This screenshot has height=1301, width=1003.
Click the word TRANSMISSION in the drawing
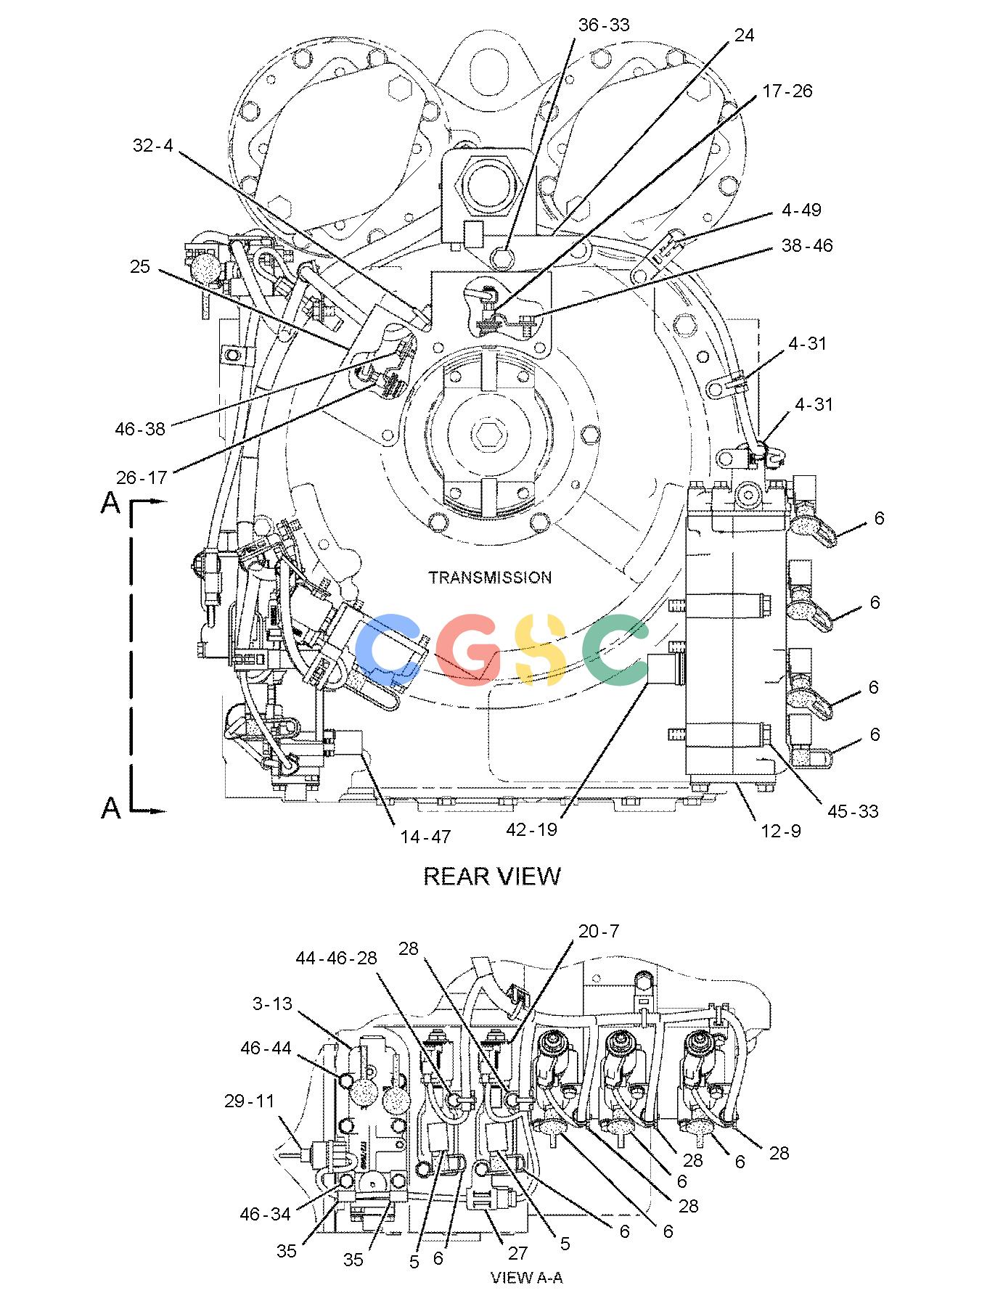click(x=490, y=578)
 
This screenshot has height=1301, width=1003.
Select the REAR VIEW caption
click(x=492, y=876)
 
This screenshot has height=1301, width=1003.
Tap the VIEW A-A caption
click(x=527, y=1278)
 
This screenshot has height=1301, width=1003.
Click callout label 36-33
click(x=604, y=25)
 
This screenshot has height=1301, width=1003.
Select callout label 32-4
click(x=152, y=145)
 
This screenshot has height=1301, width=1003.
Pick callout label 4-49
click(x=801, y=210)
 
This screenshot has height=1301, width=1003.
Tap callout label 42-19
click(x=532, y=829)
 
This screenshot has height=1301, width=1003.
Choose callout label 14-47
click(x=425, y=837)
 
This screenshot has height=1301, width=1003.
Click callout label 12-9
click(x=782, y=831)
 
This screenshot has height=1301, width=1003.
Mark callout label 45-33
click(x=853, y=811)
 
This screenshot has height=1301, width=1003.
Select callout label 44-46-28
click(x=337, y=958)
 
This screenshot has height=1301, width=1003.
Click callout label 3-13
click(x=272, y=1004)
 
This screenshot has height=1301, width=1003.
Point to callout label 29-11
click(x=250, y=1101)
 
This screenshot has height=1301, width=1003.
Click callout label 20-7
click(x=599, y=931)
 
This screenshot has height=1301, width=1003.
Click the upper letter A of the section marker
click(x=110, y=502)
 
